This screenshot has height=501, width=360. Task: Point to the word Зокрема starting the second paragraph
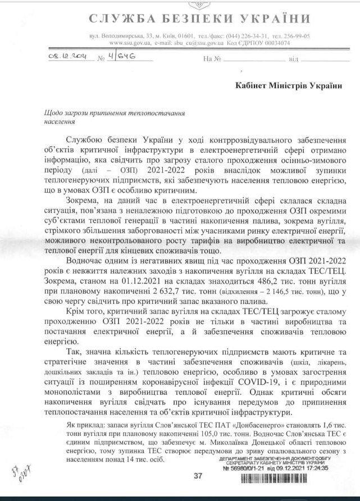(81, 201)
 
